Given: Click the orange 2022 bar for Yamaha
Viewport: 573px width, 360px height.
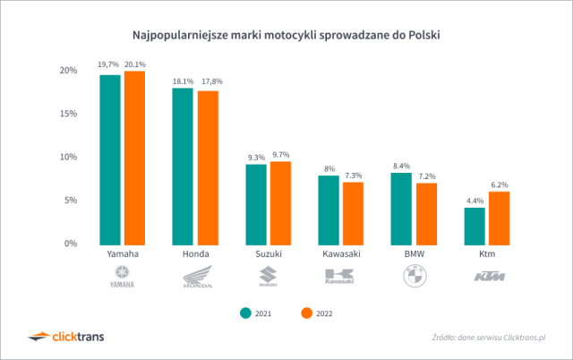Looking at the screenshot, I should click(134, 157).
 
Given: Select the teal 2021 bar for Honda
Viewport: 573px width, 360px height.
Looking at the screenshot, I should click(182, 166).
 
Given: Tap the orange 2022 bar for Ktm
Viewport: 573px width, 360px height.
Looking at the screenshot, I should click(500, 218).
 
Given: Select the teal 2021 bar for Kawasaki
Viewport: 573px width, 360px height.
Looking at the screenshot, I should click(329, 210).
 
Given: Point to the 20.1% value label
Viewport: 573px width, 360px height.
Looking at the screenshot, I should click(135, 64).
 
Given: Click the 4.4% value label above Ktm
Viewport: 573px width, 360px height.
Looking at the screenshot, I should click(475, 201).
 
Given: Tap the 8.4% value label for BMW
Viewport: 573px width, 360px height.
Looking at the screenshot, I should click(401, 166).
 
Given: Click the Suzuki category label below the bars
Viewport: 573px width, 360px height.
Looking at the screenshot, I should click(268, 255).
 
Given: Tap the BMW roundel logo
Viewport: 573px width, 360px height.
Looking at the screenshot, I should click(413, 278).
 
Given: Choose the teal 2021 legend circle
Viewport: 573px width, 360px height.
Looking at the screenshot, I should click(244, 313).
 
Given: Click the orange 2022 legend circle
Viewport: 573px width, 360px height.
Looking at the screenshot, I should click(304, 313).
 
